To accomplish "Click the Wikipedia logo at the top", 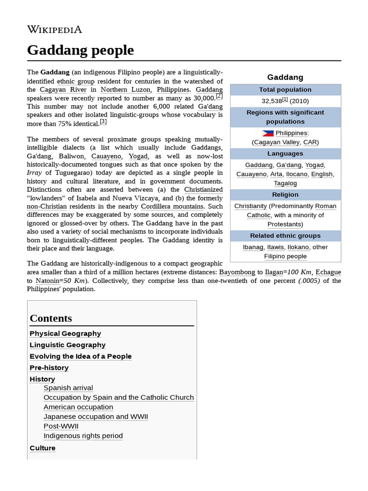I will coord(55,30).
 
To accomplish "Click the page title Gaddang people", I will coord(80,50).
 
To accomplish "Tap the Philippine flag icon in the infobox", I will coord(268,133).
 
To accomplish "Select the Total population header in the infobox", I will coord(285,90).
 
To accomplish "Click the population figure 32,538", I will coord(271,101).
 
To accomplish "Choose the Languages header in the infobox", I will coord(285,154).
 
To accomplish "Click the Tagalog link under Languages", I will coord(285,184).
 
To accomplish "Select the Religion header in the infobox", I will coord(285,195).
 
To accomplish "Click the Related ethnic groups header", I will coord(285,236).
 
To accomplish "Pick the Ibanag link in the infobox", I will coord(253,247).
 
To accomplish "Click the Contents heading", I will coord(51,318).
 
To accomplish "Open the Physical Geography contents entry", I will coord(65,334).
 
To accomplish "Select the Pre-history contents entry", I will coord(49,368).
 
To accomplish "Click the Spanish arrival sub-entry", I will coord(68,388).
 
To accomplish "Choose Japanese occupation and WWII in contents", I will coord(95,417).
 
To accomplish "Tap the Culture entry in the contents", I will coord(43,448).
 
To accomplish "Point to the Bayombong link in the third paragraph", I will coord(237,272).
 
